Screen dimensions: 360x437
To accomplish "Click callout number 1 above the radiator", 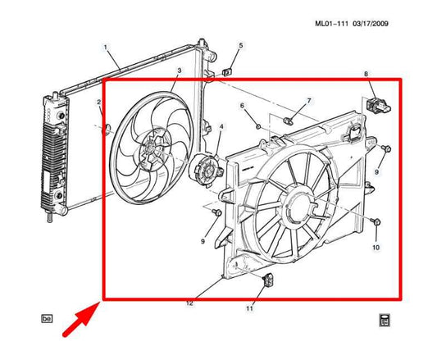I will tap(105, 48).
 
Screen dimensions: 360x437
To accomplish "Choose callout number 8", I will tap(367, 75).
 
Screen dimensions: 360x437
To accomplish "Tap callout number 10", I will tap(376, 247).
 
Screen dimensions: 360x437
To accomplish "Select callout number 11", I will tap(250, 308).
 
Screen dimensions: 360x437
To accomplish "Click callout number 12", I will tap(189, 303).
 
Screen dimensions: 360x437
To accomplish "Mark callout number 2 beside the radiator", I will tap(98, 103).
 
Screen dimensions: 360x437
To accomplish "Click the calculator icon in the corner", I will tap(384, 319).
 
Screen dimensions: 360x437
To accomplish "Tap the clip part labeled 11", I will tap(266, 282).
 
